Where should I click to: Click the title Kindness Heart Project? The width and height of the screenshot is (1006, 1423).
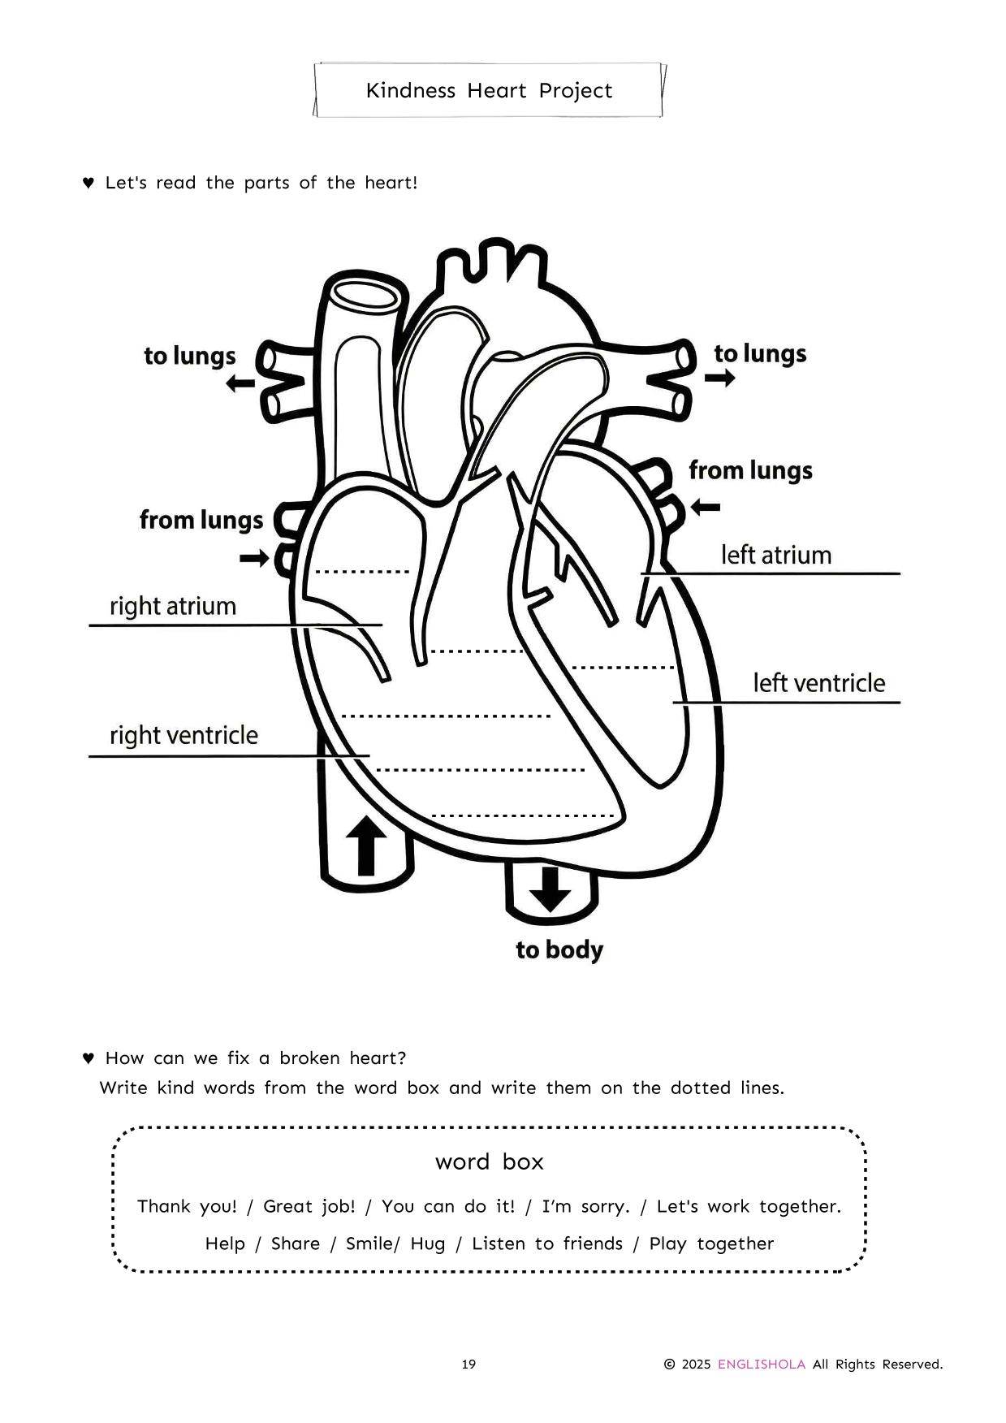coord(489,90)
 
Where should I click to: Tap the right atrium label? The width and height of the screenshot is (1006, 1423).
coord(173,606)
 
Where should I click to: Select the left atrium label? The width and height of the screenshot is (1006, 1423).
coord(776,555)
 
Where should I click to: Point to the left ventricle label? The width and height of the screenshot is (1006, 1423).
coord(818,683)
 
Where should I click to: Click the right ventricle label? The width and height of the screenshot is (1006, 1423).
coord(183,735)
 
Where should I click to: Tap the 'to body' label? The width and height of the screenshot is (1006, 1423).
coord(559,949)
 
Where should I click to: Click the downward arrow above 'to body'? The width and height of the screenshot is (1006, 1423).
coord(550,889)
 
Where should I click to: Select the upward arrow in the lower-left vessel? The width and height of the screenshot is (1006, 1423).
coord(366,846)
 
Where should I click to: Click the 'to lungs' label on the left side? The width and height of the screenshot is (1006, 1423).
coord(190,356)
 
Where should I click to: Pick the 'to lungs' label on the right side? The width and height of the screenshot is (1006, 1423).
coord(760,353)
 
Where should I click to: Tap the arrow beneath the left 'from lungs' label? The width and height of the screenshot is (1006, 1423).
coord(254,558)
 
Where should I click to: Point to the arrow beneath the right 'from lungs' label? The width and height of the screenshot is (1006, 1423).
coord(705,508)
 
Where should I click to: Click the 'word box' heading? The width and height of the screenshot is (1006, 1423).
coord(489,1161)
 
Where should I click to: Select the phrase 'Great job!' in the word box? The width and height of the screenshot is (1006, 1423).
coord(309,1206)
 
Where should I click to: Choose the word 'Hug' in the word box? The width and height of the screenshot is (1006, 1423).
coord(428,1244)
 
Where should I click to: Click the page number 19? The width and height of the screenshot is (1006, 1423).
coord(468,1365)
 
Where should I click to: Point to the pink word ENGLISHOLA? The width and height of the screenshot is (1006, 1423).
coord(761,1365)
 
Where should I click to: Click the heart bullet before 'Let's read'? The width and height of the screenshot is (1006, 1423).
coord(89,183)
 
